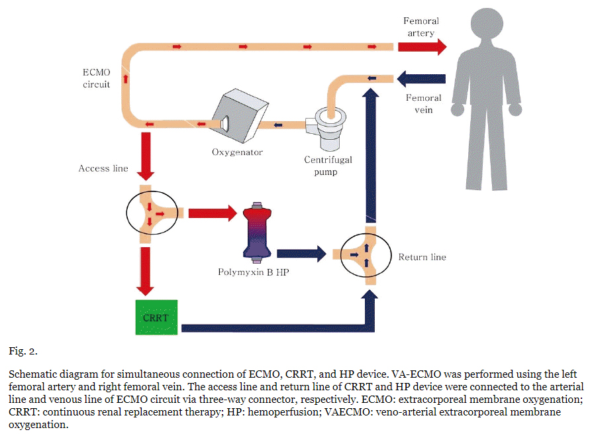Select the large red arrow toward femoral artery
tap(421, 46)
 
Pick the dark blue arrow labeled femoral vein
tap(420, 78)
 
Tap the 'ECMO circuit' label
tap(96, 78)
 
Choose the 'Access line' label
tap(103, 168)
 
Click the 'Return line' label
tap(422, 256)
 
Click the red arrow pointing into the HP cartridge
tap(213, 213)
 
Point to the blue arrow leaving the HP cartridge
tap(302, 252)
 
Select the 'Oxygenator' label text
tap(237, 152)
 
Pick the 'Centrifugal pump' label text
tap(328, 166)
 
